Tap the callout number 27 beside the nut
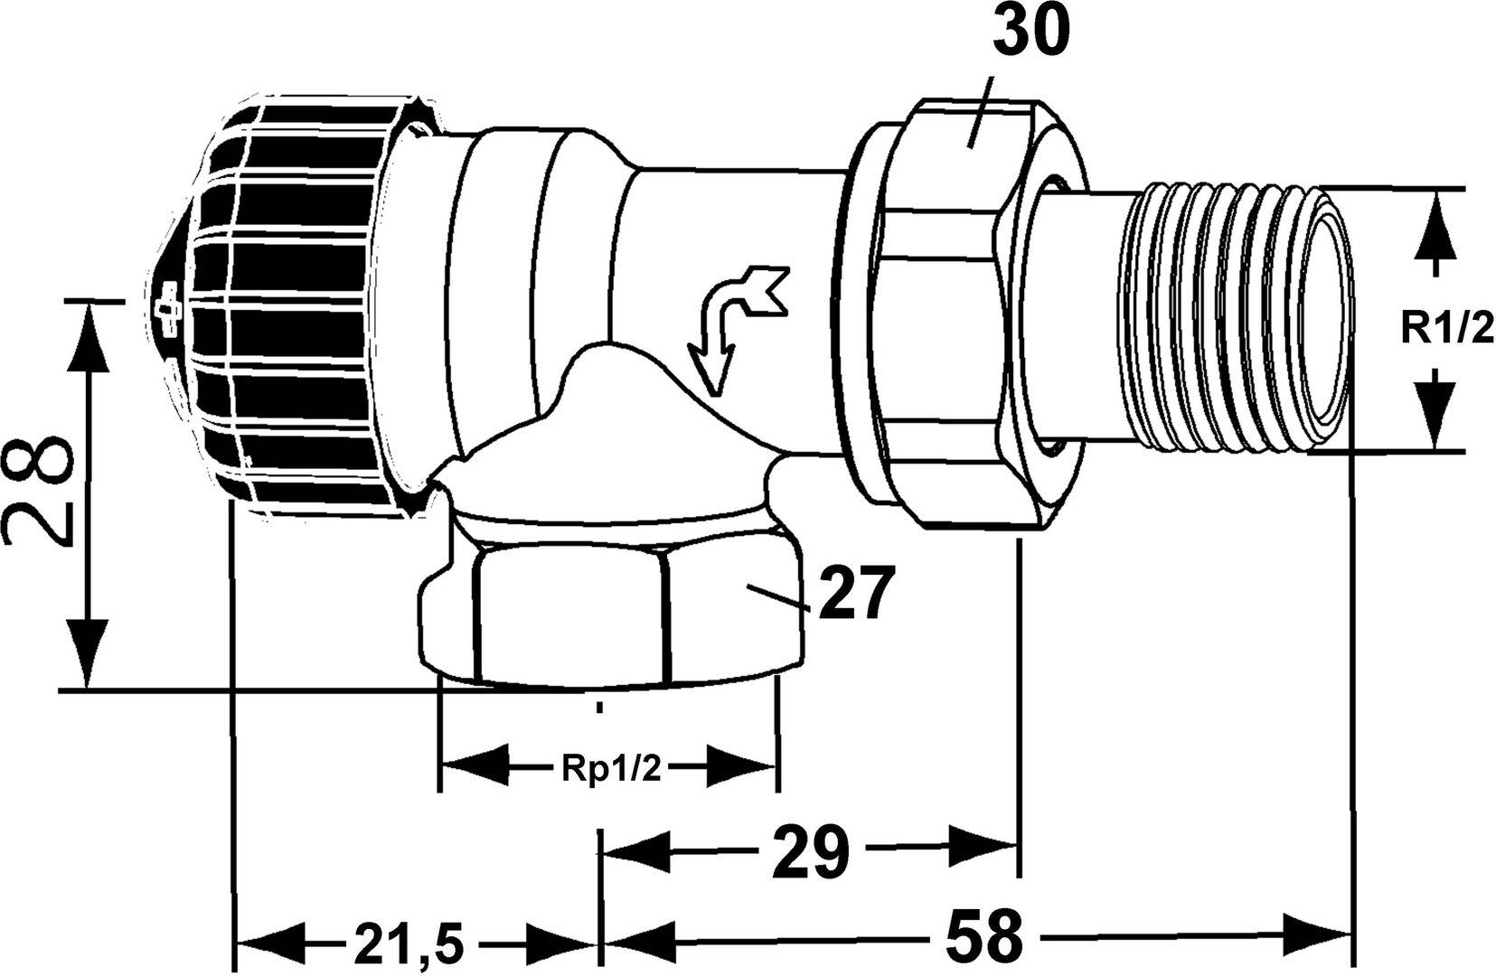pos(856,595)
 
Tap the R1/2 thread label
pos(1447,327)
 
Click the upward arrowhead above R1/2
pos(1435,225)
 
